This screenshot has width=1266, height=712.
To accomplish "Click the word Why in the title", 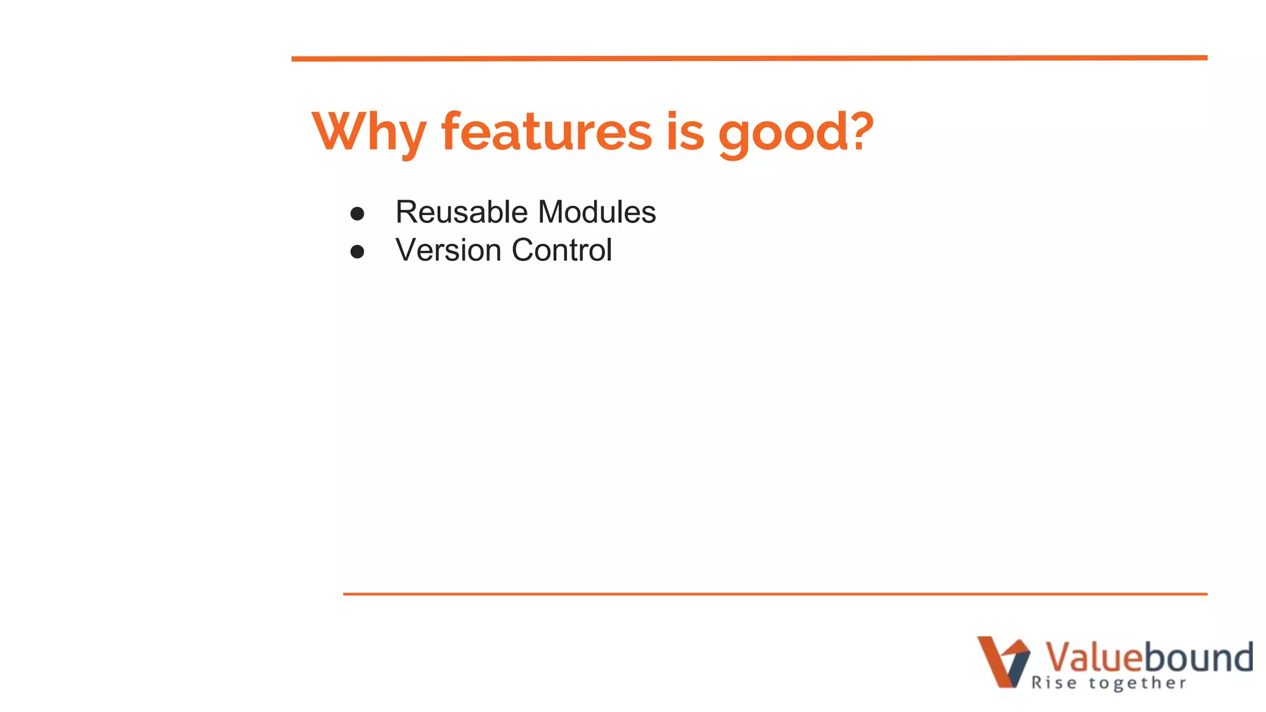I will pyautogui.click(x=369, y=132).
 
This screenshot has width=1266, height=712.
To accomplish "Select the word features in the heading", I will pyautogui.click(x=546, y=132).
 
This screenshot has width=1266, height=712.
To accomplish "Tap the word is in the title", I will pyautogui.click(x=685, y=132).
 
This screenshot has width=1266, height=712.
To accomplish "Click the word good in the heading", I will pyautogui.click(x=783, y=133).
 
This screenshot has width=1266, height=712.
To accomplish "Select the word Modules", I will pyautogui.click(x=597, y=212).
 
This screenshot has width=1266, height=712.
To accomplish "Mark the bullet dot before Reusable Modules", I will pyautogui.click(x=357, y=214).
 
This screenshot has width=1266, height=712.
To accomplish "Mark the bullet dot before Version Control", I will pyautogui.click(x=357, y=252).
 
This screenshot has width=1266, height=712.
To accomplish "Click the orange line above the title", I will pyautogui.click(x=749, y=58).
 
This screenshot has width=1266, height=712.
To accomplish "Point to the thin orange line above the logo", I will pyautogui.click(x=775, y=594).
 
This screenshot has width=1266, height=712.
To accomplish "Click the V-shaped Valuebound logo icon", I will pyautogui.click(x=1003, y=661).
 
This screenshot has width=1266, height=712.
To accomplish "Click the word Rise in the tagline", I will pyautogui.click(x=1054, y=683).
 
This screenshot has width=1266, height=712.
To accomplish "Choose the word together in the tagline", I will pyautogui.click(x=1137, y=683).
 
